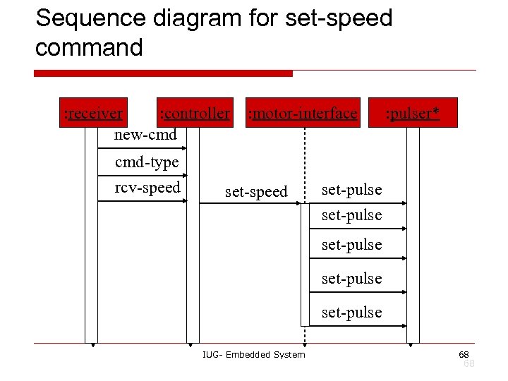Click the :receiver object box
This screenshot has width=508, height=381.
pyautogui.click(x=93, y=113)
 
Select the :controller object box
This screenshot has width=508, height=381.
pyautogui.click(x=195, y=113)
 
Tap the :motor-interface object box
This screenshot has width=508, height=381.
pyautogui.click(x=303, y=113)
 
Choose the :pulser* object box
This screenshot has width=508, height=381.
pyautogui.click(x=413, y=113)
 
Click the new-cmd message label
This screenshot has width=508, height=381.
pyautogui.click(x=145, y=134)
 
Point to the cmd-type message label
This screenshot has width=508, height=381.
pyautogui.click(x=147, y=162)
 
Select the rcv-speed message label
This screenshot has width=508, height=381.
pyautogui.click(x=147, y=188)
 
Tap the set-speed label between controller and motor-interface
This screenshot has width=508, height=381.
pyautogui.click(x=256, y=191)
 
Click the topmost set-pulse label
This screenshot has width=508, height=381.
pyautogui.click(x=351, y=189)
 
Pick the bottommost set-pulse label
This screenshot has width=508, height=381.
pyautogui.click(x=351, y=312)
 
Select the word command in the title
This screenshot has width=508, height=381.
pyautogui.click(x=89, y=47)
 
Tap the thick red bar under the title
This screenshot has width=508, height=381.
pyautogui.click(x=163, y=73)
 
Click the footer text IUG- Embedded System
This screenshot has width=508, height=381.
pyautogui.click(x=253, y=354)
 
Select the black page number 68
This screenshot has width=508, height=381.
pyautogui.click(x=464, y=353)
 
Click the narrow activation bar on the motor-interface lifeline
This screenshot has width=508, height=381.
pyautogui.click(x=305, y=265)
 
